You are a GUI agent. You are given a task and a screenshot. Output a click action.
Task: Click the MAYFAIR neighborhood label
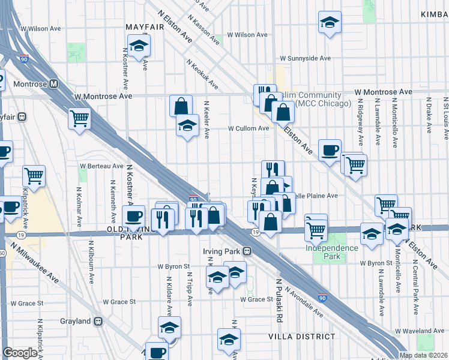pyautogui.click(x=144, y=27)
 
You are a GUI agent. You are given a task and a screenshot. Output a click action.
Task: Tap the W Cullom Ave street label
pyautogui.click(x=248, y=128)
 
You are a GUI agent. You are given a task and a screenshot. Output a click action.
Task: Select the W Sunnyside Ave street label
pyautogui.click(x=306, y=59)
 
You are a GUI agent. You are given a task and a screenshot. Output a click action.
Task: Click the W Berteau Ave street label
pyautogui.click(x=101, y=166)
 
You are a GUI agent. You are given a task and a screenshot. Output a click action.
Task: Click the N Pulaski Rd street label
pyautogui.click(x=279, y=297)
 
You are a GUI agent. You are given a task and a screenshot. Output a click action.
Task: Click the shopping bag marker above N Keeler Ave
pyautogui.click(x=181, y=106)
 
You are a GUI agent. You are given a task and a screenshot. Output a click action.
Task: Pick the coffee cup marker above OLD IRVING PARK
pyautogui.click(x=133, y=215)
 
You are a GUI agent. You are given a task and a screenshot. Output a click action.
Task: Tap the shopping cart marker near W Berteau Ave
pyautogui.click(x=34, y=176)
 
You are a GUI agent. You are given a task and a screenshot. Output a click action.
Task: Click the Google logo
pyautogui.click(x=20, y=353)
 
